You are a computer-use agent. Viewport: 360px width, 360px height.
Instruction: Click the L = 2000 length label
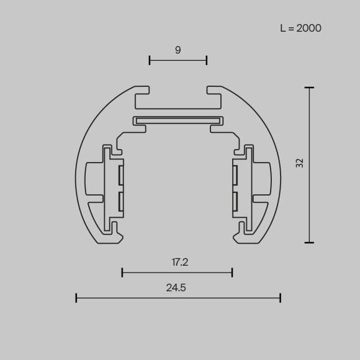(300, 28)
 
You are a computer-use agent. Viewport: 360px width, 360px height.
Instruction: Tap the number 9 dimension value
(178, 50)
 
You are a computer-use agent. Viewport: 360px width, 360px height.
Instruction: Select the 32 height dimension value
(300, 164)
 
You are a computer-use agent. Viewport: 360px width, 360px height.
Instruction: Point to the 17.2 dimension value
(180, 262)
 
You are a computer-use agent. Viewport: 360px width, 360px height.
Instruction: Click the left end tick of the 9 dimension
(150, 60)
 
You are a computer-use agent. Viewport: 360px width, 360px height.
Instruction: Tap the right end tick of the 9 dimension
(207, 60)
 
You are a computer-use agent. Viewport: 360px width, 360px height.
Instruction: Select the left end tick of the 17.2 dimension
(122, 272)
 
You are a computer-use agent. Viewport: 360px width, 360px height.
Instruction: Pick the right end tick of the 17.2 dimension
(232, 272)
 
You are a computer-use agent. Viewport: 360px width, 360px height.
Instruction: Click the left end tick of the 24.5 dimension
(76, 298)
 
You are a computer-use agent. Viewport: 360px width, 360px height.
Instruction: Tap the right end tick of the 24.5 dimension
(281, 298)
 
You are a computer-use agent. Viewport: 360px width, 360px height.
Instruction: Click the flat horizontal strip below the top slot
(178, 120)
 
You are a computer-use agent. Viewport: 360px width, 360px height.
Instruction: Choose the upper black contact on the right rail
(235, 176)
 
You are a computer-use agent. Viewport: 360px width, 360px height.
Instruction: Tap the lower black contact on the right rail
(235, 200)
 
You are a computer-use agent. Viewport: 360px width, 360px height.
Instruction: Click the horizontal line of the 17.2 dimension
(177, 272)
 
